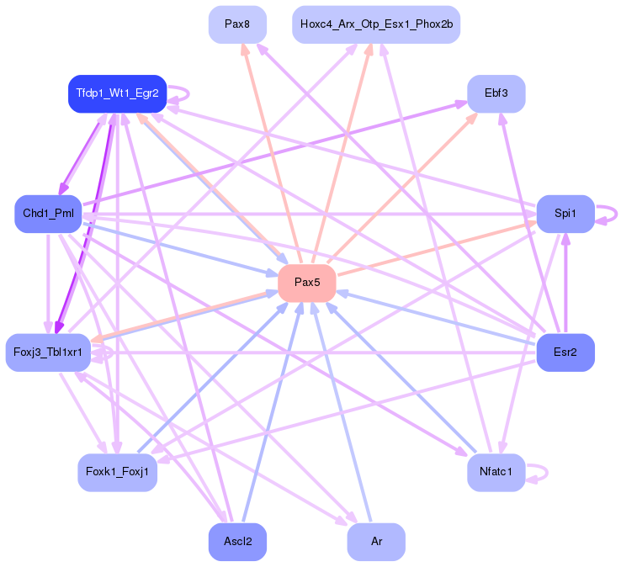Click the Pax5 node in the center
307,283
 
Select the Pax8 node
237,24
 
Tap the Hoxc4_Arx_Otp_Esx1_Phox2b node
376,24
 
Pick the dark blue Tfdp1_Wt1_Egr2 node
117,93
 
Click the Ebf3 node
496,93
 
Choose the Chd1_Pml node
48,214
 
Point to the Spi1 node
565,214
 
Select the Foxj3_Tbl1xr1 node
48,352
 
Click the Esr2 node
565,352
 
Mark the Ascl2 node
237,542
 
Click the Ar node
376,542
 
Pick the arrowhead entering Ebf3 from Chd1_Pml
462,104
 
